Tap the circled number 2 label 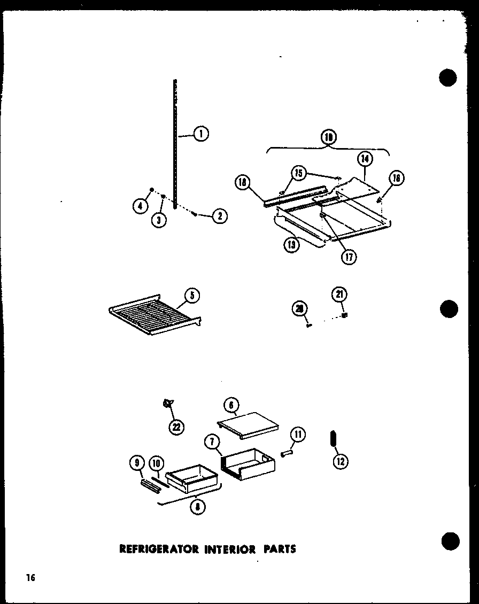pyautogui.click(x=220, y=216)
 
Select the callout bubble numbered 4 pyautogui.click(x=141, y=205)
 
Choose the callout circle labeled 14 pyautogui.click(x=366, y=159)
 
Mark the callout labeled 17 pyautogui.click(x=349, y=257)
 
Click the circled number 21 pyautogui.click(x=339, y=293)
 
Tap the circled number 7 pyautogui.click(x=212, y=442)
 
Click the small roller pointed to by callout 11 pyautogui.click(x=289, y=453)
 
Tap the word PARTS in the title pyautogui.click(x=279, y=549)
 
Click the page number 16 pyautogui.click(x=29, y=578)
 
